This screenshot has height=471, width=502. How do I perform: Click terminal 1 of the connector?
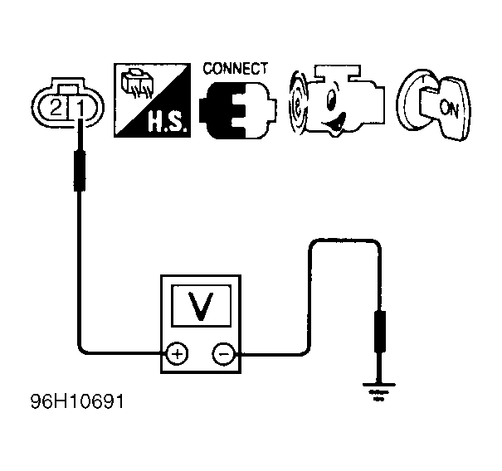click(x=80, y=107)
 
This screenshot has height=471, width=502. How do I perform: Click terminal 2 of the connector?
click(x=56, y=107)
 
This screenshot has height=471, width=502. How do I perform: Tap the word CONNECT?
click(x=235, y=69)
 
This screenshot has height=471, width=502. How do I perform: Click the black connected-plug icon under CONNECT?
click(x=237, y=110)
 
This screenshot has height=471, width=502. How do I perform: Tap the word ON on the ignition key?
click(x=449, y=108)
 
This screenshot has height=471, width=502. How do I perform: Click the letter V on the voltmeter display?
click(x=201, y=305)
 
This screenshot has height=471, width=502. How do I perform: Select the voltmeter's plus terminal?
click(x=177, y=353)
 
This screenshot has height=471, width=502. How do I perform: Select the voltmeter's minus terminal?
click(x=224, y=353)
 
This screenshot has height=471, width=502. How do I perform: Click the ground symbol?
click(x=379, y=391)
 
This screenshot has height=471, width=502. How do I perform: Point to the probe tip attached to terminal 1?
click(x=80, y=134)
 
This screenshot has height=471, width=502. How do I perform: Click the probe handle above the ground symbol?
click(x=380, y=331)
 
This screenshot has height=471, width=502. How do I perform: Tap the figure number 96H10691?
click(x=77, y=401)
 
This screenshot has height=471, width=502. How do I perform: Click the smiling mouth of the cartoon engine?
click(x=334, y=123)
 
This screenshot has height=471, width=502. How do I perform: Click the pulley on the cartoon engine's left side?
click(x=298, y=102)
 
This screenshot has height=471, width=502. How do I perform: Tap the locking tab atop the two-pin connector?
click(x=68, y=89)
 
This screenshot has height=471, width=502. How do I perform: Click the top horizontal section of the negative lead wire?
click(x=345, y=240)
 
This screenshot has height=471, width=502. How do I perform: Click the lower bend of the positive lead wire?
click(x=83, y=350)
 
